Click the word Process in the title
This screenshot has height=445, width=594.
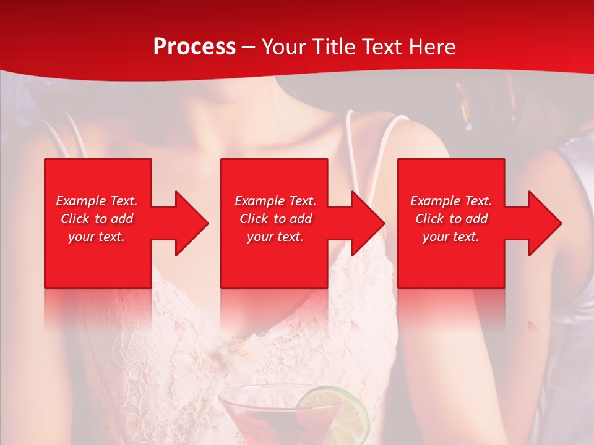click(194, 47)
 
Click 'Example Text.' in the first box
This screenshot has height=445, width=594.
click(97, 201)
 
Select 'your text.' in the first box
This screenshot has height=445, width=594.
click(97, 237)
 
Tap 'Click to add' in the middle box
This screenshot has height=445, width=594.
click(275, 219)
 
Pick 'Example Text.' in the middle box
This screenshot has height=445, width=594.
click(275, 201)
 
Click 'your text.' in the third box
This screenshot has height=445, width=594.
click(451, 237)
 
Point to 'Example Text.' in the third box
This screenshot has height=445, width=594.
click(451, 201)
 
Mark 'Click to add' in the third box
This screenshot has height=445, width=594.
click(451, 219)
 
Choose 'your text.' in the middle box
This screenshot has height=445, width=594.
click(275, 237)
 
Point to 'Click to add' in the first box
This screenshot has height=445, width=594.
click(97, 219)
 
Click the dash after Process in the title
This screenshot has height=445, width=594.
click(249, 48)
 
